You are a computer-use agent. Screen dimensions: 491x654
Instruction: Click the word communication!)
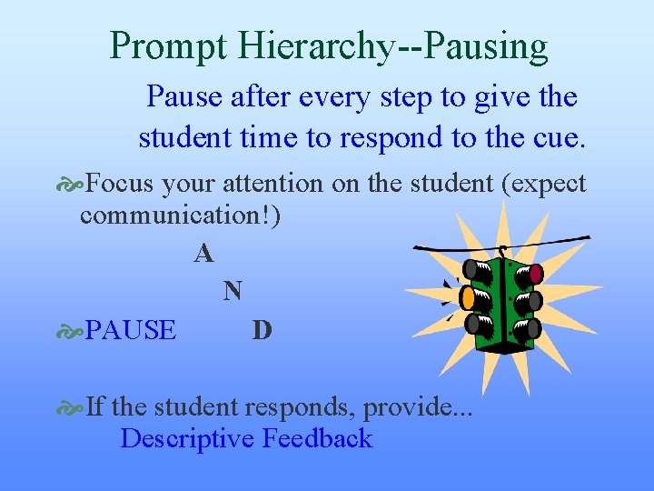pyautogui.click(x=181, y=215)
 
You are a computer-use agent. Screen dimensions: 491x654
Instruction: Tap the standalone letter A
pyautogui.click(x=203, y=254)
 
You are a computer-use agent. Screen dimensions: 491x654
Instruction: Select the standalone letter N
pyautogui.click(x=233, y=291)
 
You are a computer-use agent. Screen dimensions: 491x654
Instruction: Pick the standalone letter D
pyautogui.click(x=262, y=329)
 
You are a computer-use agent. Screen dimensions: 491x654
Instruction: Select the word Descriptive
pyautogui.click(x=187, y=438)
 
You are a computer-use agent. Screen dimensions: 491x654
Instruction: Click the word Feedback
pyautogui.click(x=317, y=438)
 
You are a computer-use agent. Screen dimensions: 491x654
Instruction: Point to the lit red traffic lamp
pyautogui.click(x=536, y=273)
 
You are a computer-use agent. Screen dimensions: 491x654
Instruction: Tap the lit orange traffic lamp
pyautogui.click(x=469, y=296)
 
